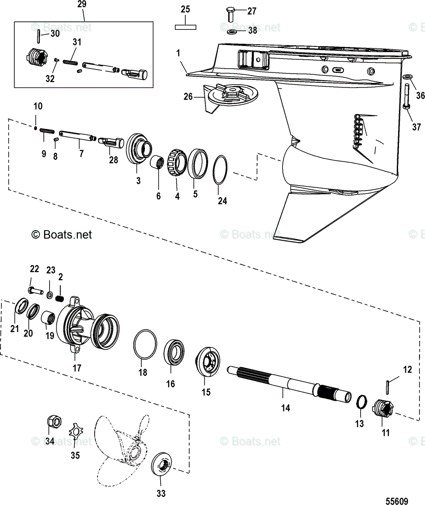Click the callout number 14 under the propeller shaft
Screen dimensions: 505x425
point(285,408)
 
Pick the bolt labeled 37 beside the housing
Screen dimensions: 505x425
point(407,98)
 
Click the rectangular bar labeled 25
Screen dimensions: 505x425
point(185,27)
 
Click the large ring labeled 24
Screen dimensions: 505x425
point(220,170)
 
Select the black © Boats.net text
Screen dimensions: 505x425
point(62,234)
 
